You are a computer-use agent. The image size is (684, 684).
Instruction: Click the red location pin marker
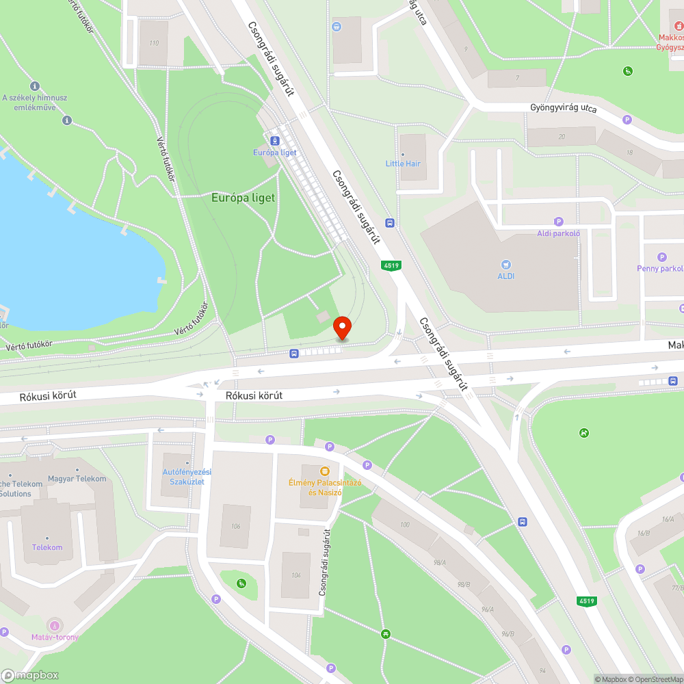pos(341,328)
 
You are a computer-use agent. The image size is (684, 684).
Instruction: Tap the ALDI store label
pos(505,276)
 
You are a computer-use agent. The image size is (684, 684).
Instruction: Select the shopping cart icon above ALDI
pos(505,264)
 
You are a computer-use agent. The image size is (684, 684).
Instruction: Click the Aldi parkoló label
pos(558,233)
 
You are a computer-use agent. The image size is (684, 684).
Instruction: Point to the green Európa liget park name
pos(243,198)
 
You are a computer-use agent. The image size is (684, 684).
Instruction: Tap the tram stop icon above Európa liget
pos(274,141)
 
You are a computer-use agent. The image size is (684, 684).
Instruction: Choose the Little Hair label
pos(403,163)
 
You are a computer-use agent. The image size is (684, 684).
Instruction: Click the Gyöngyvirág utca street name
pos(564,109)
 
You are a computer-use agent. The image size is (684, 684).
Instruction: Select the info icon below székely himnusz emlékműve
pos(66,120)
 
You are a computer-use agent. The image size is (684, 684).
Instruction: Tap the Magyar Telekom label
pos(77,479)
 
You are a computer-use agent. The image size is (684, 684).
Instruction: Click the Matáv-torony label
pos(55,637)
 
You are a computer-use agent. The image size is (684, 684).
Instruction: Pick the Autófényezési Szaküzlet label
pos(187,477)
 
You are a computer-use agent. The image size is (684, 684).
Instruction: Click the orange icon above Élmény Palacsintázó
pos(325,471)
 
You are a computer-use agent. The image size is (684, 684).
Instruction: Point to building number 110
pos(153,43)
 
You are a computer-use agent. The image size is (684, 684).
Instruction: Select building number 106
pos(236,526)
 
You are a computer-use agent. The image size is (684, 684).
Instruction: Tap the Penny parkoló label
pos(659,268)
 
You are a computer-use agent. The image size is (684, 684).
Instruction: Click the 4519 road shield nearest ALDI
pos(391,265)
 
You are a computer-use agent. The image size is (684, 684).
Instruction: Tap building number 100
pos(405,524)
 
